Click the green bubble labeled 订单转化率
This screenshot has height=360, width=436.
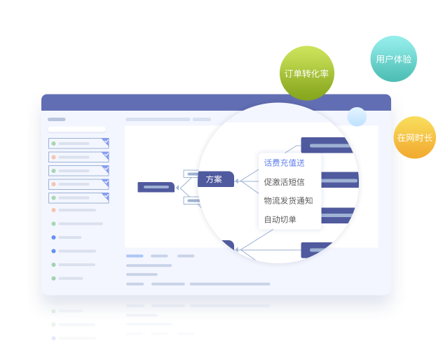[306, 73]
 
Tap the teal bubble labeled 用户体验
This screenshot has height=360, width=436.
[393, 59]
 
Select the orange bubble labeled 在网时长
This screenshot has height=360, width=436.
[414, 137]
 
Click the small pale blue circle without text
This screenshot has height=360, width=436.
[357, 117]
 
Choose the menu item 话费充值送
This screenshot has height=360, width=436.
[284, 162]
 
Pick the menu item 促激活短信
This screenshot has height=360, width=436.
[284, 181]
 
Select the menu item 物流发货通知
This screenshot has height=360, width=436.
[288, 200]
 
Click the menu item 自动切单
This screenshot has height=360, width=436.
[280, 219]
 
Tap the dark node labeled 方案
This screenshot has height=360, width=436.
[215, 179]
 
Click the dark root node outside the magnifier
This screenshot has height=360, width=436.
[156, 187]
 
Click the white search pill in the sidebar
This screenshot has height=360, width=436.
[76, 129]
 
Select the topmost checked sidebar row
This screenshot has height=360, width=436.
[79, 144]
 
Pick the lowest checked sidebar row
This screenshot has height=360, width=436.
[79, 198]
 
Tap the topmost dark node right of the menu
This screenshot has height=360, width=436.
[327, 145]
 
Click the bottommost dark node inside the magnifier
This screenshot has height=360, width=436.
[326, 250]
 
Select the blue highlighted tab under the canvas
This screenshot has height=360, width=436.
[135, 256]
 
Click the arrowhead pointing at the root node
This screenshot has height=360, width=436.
[178, 187]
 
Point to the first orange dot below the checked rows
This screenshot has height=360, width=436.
[53, 209]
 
